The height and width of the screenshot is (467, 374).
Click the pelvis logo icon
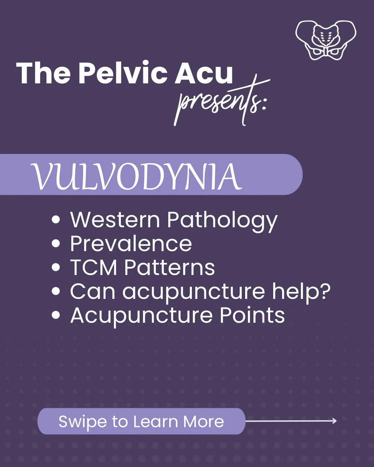[326, 40]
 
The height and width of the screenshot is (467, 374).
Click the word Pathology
[222, 221]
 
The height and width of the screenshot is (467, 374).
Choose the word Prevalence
[131, 244]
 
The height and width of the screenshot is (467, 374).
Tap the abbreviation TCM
[94, 267]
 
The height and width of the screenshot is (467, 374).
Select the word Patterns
[169, 267]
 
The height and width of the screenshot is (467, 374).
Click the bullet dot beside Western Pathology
[56, 220]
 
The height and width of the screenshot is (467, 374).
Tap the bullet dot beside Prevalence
[56, 244]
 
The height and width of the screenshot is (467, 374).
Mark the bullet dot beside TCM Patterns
[56, 267]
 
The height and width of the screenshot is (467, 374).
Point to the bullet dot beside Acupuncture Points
[56, 315]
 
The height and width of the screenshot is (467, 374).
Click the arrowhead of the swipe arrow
[335, 421]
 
